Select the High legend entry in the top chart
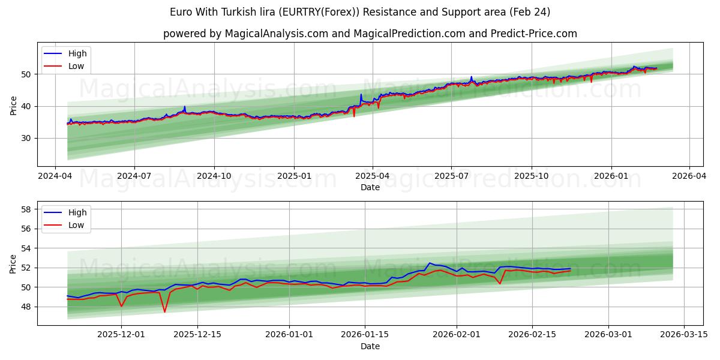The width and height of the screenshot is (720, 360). (77, 53)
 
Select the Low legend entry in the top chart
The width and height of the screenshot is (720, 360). (76, 66)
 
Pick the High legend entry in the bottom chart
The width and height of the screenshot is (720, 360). (77, 212)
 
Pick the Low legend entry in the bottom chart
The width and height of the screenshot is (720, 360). (76, 225)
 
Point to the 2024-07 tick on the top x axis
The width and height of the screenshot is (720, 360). (134, 176)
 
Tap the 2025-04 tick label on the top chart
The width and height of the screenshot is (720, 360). (372, 176)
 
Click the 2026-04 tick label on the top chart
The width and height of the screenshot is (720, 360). (688, 176)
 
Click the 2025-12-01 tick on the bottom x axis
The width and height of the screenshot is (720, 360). (121, 335)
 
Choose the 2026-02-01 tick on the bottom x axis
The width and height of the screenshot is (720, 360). (457, 335)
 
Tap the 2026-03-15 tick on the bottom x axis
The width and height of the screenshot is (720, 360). (684, 335)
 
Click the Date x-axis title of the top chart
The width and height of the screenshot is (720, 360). (370, 187)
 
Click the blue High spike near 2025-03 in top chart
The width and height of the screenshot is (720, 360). (361, 95)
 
